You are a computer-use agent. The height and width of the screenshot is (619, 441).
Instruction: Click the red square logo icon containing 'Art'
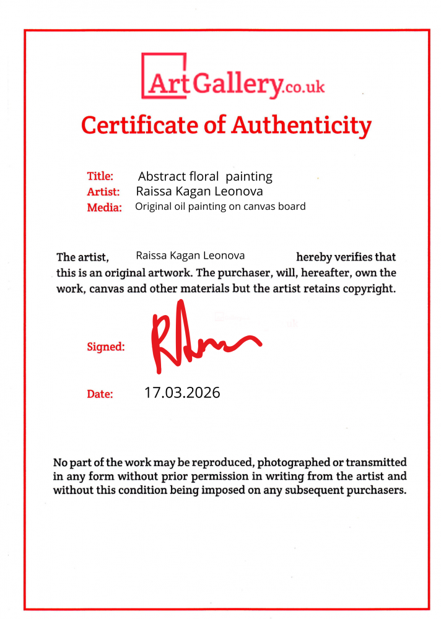(x=164, y=76)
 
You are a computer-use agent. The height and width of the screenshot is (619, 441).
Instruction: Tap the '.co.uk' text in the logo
(x=304, y=87)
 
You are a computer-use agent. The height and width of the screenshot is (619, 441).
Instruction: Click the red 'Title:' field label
(x=100, y=176)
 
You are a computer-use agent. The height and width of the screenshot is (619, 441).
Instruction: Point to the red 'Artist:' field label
(x=102, y=192)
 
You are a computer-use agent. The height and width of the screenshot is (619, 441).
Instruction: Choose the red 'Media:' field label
(x=104, y=207)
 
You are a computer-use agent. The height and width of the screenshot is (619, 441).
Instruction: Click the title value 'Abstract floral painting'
(x=205, y=176)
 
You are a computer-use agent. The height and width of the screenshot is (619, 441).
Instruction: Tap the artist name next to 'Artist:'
(x=199, y=192)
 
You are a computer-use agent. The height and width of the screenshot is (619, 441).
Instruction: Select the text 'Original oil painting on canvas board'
(x=220, y=207)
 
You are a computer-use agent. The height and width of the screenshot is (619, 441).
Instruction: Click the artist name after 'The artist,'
(x=190, y=255)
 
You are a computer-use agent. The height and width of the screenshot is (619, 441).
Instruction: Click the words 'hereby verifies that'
(x=346, y=257)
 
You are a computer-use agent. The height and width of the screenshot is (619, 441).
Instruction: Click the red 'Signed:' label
(x=106, y=347)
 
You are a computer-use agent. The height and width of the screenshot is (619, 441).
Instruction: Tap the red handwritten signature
(x=198, y=337)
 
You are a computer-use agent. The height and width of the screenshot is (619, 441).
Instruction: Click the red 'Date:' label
(x=100, y=394)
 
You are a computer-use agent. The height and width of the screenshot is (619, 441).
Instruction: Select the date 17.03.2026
(x=182, y=392)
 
